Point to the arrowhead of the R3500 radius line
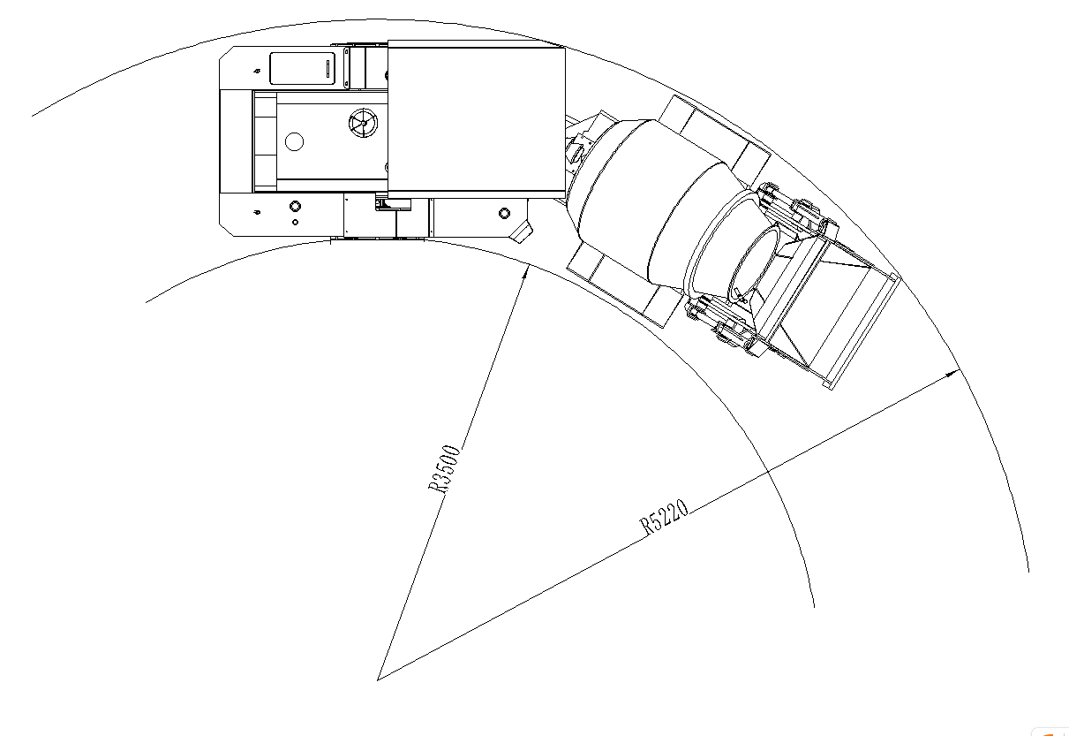[x=526, y=270]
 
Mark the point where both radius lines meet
[x=378, y=679]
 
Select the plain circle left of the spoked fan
[x=295, y=140]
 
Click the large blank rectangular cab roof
[x=476, y=120]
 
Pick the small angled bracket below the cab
[x=523, y=231]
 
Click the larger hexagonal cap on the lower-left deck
[x=295, y=206]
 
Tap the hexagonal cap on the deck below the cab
[x=504, y=213]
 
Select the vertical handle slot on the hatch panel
[x=327, y=70]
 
